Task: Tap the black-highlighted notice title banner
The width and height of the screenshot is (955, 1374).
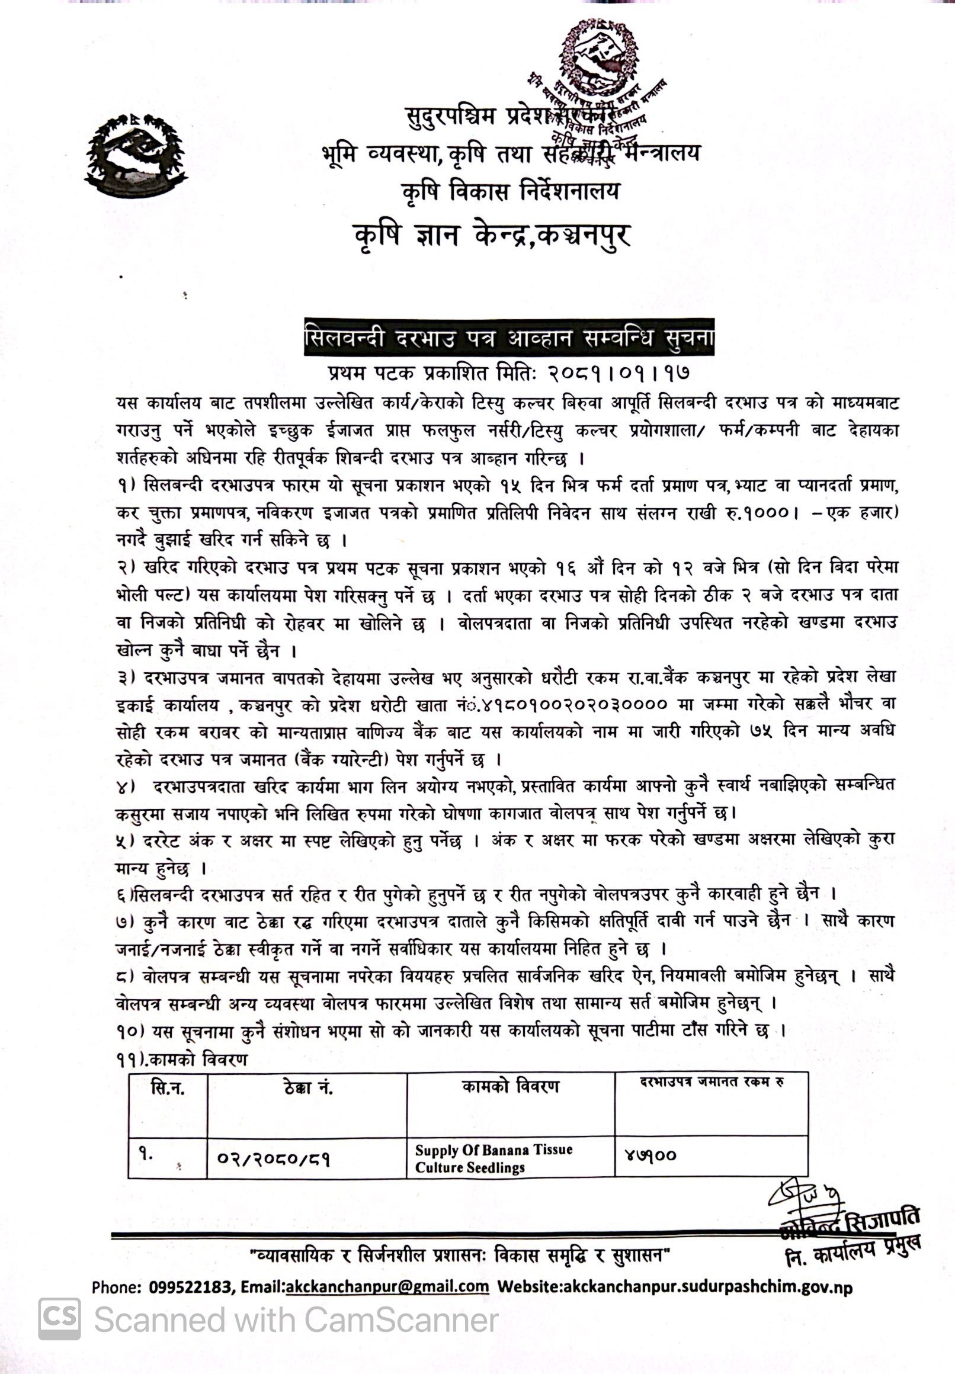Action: pos(509,338)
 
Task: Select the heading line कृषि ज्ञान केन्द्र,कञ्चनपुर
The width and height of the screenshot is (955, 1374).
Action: pos(492,235)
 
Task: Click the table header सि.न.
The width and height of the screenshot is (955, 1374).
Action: pos(168,1088)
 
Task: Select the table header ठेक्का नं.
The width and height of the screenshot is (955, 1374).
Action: pos(307,1088)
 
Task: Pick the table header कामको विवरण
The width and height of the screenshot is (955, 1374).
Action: pos(511,1087)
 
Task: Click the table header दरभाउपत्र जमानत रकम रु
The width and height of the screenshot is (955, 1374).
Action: pos(712,1082)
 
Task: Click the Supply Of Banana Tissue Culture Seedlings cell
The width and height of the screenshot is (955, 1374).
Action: pos(493,1158)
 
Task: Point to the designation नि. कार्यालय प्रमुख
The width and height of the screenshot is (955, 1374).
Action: pos(853,1251)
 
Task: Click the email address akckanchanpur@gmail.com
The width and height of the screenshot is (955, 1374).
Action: pos(387,1288)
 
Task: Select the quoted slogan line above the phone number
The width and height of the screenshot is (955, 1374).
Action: pos(460,1254)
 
